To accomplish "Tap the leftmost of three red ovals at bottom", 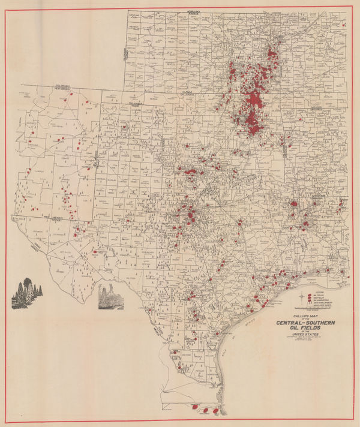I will click(191, 410).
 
